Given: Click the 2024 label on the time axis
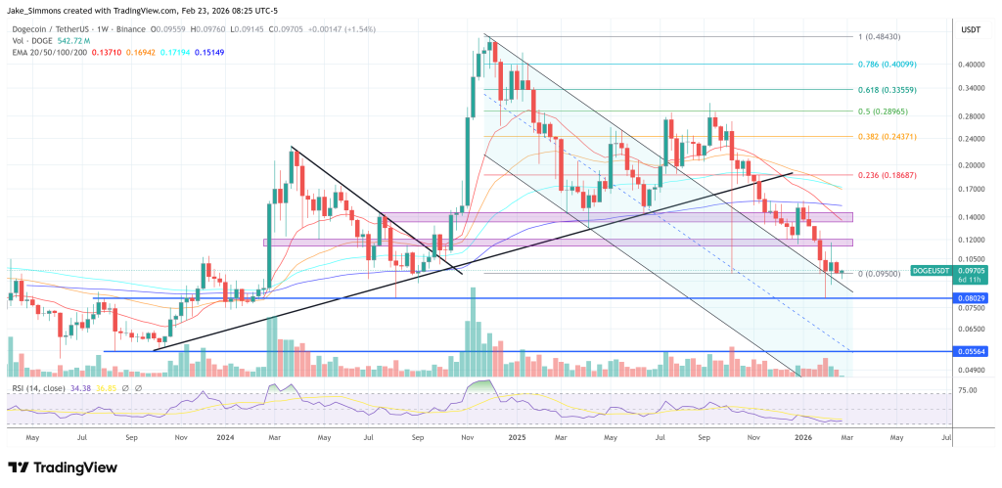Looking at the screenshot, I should (x=225, y=437).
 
